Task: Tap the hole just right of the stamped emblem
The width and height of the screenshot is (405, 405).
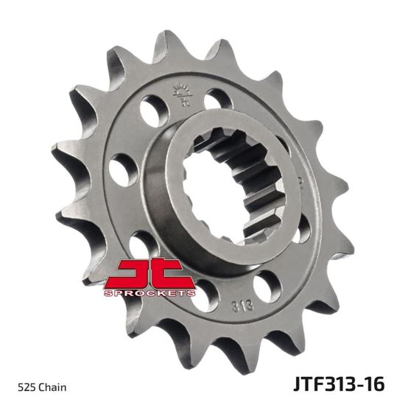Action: pyautogui.click(x=215, y=98)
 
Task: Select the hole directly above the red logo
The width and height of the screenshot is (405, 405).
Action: pyautogui.click(x=140, y=243)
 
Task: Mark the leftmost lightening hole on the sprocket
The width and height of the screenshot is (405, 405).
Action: pyautogui.click(x=121, y=170)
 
